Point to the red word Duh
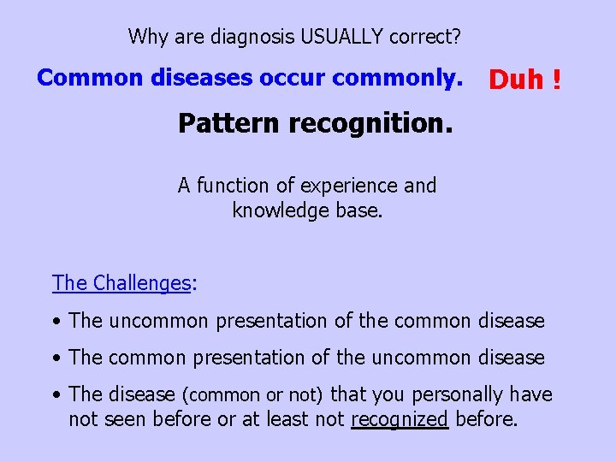point(516,80)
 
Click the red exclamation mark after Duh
point(557,80)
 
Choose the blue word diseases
point(203,78)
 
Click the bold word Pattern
point(228,124)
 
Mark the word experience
point(351,186)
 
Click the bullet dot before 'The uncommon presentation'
point(56,322)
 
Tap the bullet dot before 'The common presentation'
point(56,358)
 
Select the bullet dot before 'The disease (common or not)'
point(56,395)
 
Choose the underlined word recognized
point(400,419)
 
